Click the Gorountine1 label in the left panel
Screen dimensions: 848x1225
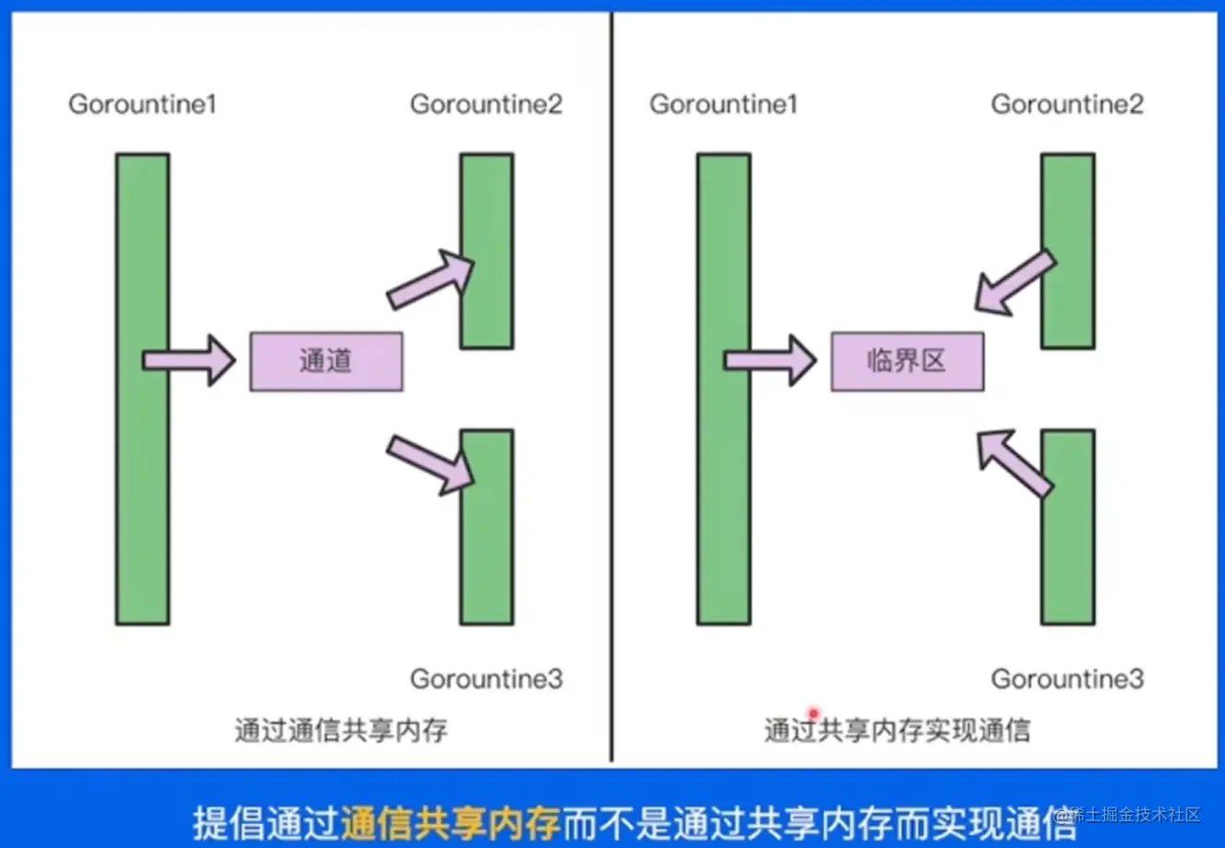(142, 104)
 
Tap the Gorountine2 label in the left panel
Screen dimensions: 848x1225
(486, 104)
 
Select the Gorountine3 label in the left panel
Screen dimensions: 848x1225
(486, 679)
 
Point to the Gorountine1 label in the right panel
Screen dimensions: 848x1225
(723, 104)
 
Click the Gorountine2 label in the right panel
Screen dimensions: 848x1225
(1067, 104)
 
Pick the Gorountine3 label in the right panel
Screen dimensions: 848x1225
(1067, 679)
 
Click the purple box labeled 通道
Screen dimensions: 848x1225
(326, 361)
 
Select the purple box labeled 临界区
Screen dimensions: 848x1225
(907, 361)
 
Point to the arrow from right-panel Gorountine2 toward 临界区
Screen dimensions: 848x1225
(1013, 283)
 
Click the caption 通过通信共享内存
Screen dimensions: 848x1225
(341, 731)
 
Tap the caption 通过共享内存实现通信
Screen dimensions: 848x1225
(896, 731)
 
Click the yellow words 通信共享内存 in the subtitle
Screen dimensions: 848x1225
(451, 821)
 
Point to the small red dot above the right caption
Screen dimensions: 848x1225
(813, 712)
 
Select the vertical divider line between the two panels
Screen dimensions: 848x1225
(612, 388)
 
